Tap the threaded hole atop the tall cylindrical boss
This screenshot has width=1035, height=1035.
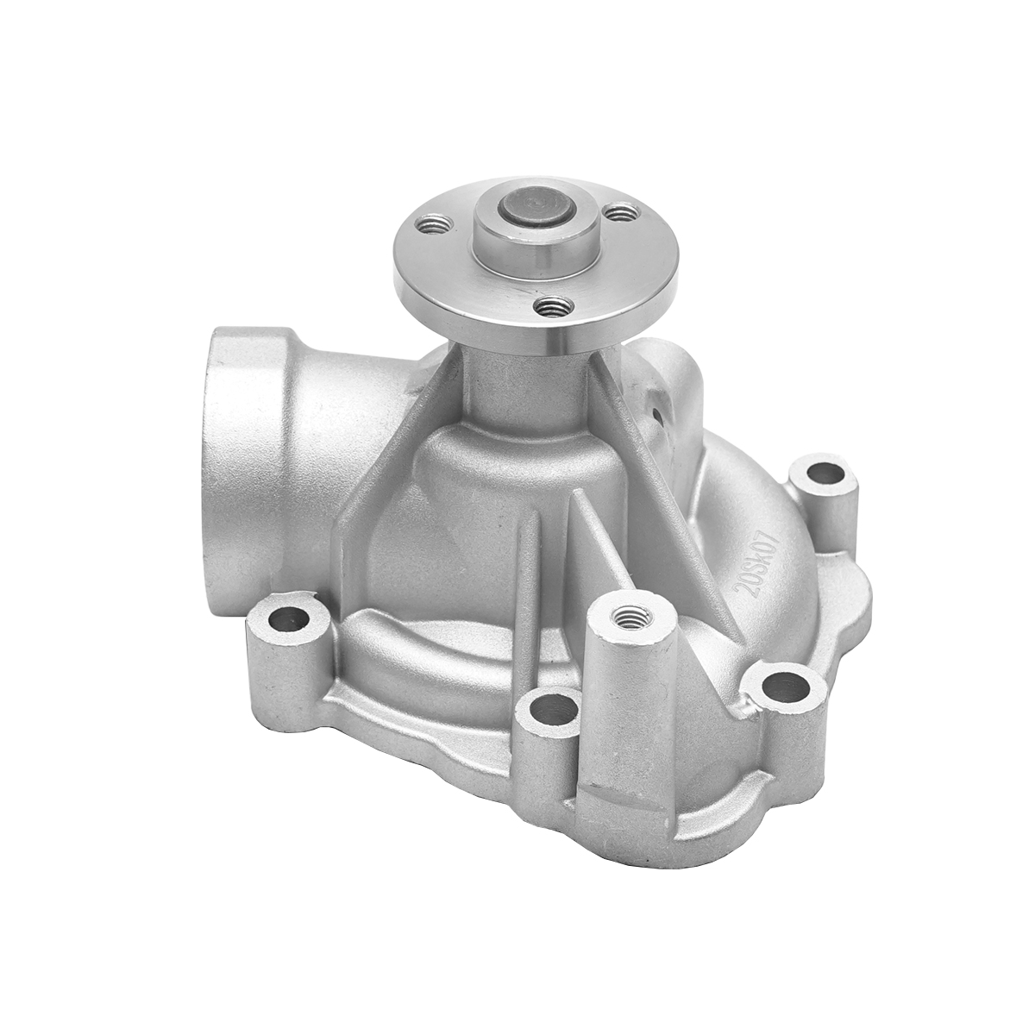point(626,617)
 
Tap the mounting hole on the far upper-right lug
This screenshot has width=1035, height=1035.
point(826,474)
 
